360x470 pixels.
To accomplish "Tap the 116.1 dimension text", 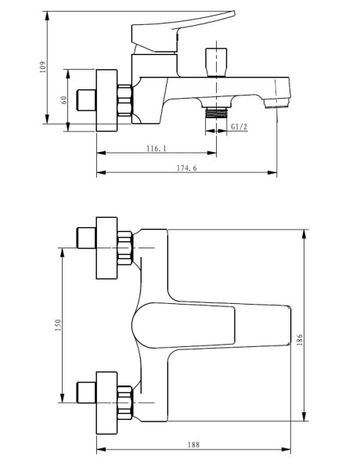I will click(x=156, y=148).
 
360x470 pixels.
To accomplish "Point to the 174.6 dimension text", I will click(x=186, y=168).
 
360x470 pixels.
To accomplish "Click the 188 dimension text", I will click(x=193, y=444).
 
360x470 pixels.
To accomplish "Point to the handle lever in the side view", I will click(x=184, y=21).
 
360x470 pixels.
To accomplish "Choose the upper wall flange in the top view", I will click(x=106, y=248).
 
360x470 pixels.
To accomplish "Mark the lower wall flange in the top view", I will click(x=106, y=400).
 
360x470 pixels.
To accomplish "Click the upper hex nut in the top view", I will click(x=126, y=248).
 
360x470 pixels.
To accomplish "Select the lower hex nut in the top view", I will click(x=126, y=400).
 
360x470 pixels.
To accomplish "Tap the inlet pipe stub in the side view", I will click(x=84, y=99).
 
